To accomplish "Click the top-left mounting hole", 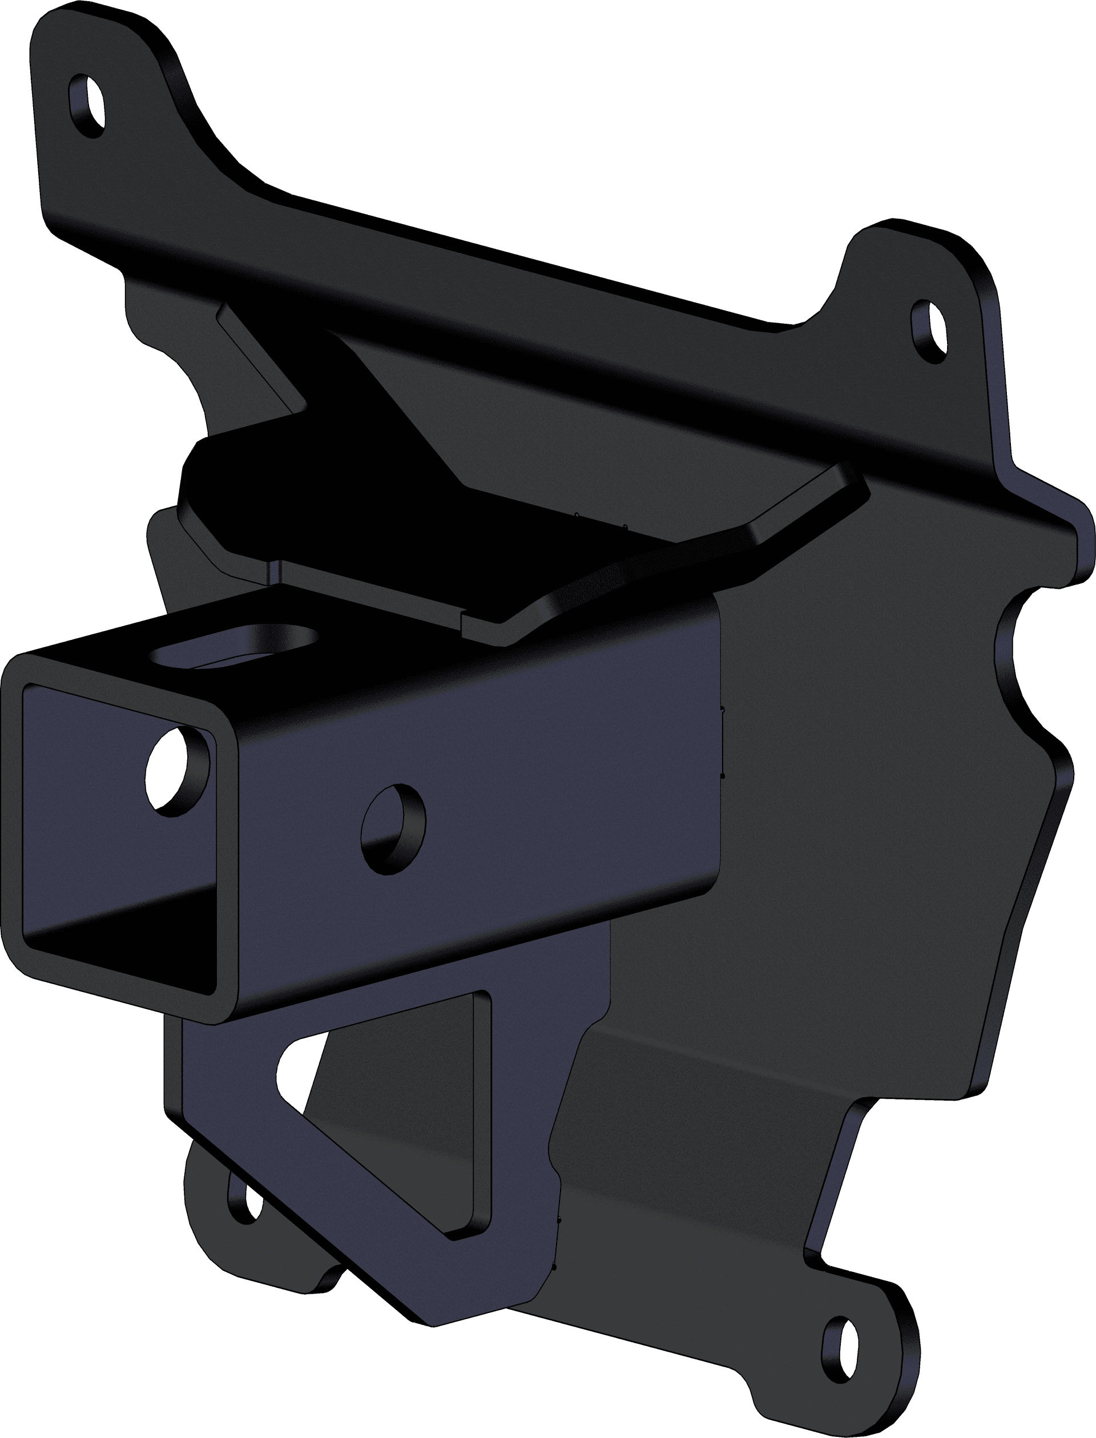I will tap(87, 106).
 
